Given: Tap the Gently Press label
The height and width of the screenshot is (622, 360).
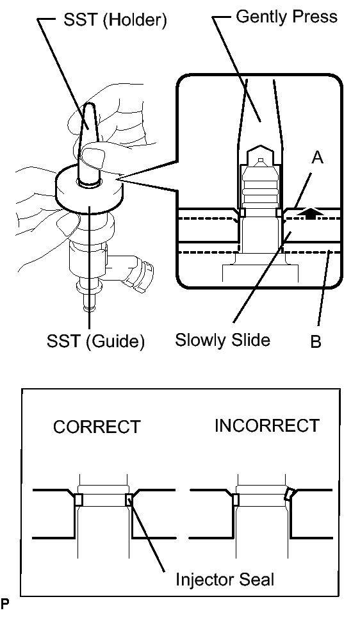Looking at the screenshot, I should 286,17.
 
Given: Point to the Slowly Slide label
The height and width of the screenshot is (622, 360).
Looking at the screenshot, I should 222,339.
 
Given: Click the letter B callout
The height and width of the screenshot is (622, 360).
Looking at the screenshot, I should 315,341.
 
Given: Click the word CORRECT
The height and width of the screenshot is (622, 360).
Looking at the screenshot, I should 96,427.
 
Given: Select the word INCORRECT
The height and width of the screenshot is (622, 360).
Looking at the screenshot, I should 266,426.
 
